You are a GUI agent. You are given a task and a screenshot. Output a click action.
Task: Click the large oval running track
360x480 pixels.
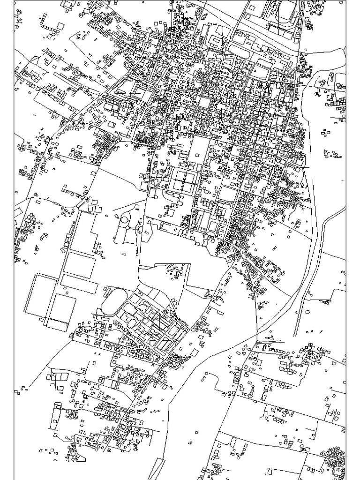pos(114,302)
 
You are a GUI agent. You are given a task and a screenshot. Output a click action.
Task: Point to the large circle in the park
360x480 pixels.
pos(126,218)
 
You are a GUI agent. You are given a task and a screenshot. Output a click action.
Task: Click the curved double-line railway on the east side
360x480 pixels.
pos(312,262)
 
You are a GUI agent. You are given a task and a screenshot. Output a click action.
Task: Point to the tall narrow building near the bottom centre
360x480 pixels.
pos(233,442)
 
